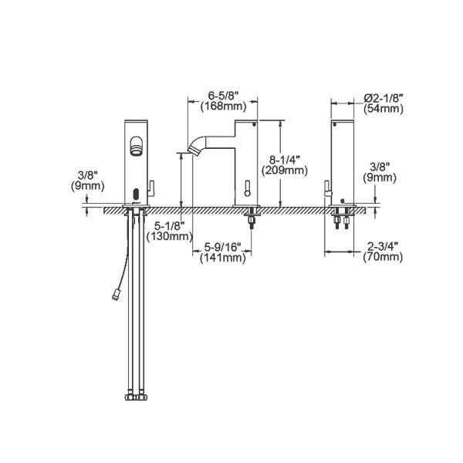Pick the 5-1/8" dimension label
click(171, 225)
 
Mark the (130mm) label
click(171, 237)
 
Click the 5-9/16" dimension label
click(224, 248)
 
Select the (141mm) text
click(224, 259)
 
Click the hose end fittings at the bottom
click(134, 397)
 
